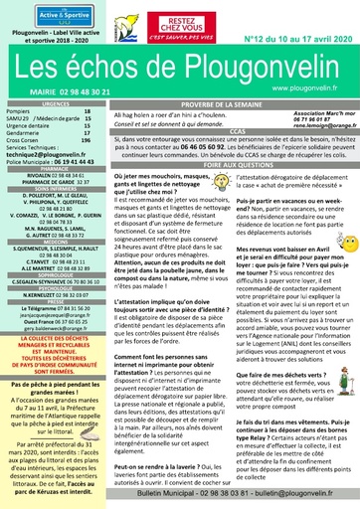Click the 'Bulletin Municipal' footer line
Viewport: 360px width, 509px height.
tap(240, 494)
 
